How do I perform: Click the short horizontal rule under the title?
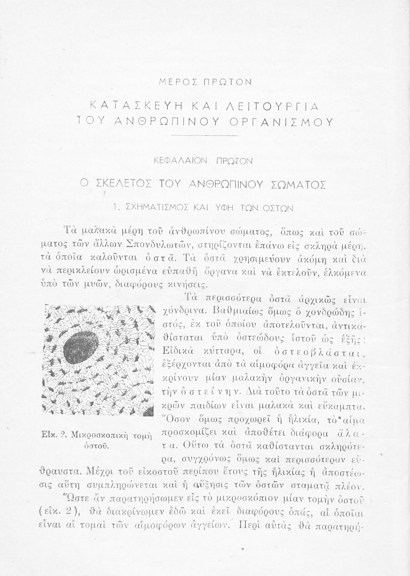tap(205, 136)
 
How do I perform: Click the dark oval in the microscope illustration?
tap(80, 344)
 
